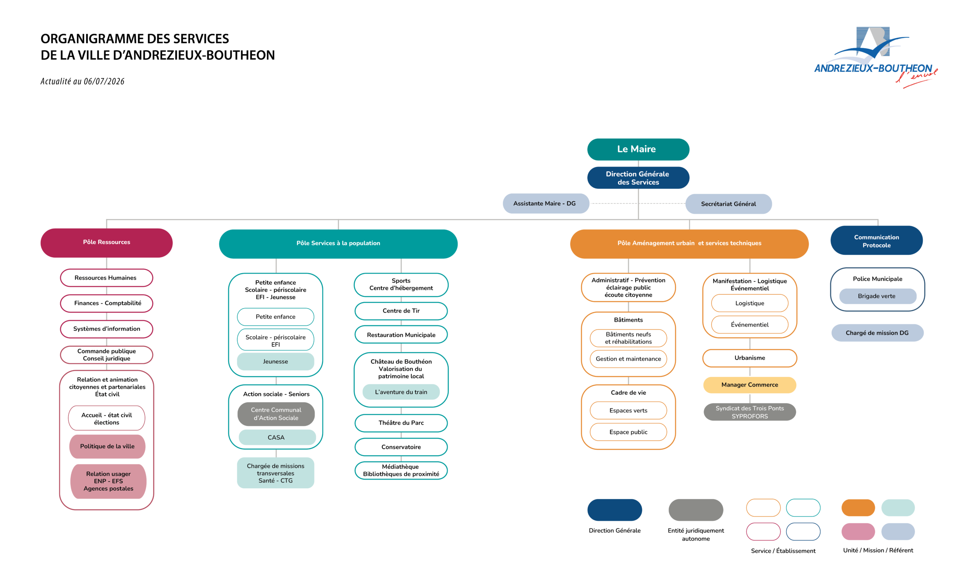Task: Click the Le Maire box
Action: pyautogui.click(x=638, y=149)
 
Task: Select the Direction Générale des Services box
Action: pyautogui.click(x=638, y=178)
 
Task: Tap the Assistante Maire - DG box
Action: pyautogui.click(x=545, y=203)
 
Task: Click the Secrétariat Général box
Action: pyautogui.click(x=728, y=204)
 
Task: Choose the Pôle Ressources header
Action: pyautogui.click(x=106, y=242)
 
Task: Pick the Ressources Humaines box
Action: pyautogui.click(x=106, y=278)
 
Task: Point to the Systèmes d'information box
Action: pyautogui.click(x=106, y=329)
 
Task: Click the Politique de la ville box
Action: pyautogui.click(x=107, y=446)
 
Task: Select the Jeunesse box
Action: pyautogui.click(x=275, y=361)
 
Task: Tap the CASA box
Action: pyautogui.click(x=277, y=437)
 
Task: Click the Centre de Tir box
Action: pyautogui.click(x=401, y=310)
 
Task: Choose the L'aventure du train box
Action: pyautogui.click(x=401, y=392)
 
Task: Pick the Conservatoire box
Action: pyautogui.click(x=401, y=447)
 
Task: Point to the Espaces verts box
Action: pyautogui.click(x=628, y=410)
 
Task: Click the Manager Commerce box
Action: pyautogui.click(x=749, y=385)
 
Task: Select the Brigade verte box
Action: pyautogui.click(x=877, y=296)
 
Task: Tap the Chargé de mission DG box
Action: pyautogui.click(x=877, y=333)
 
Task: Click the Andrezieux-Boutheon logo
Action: pyautogui.click(x=875, y=57)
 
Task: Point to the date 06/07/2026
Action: pyautogui.click(x=104, y=81)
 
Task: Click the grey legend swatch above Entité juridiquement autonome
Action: pyautogui.click(x=696, y=510)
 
